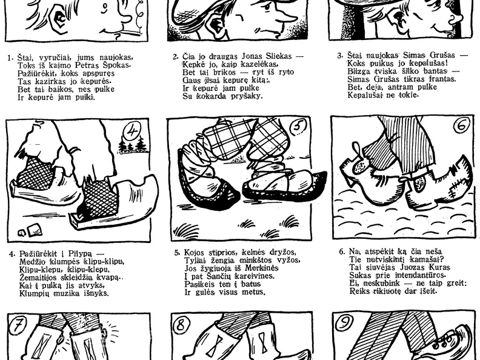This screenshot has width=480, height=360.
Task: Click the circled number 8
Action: tap(181, 325)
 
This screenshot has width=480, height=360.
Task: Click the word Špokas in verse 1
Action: tap(119, 65)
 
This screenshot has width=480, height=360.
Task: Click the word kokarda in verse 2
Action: tap(212, 96)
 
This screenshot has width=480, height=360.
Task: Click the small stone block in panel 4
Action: tap(35, 230)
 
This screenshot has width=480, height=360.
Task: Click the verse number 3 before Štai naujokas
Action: tap(339, 56)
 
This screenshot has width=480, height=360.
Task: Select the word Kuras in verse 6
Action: tap(441, 267)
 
